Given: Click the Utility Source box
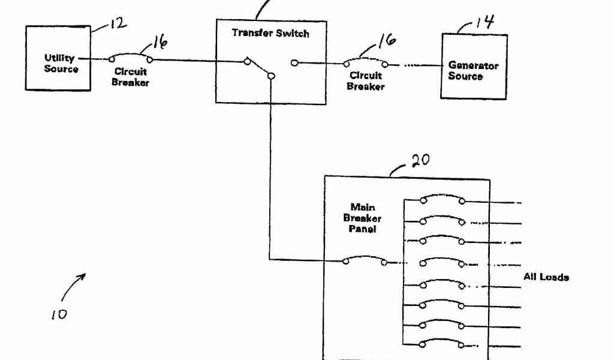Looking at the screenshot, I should [x=58, y=58].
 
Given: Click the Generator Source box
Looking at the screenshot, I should [x=474, y=66].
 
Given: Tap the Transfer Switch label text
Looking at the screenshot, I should [x=270, y=33].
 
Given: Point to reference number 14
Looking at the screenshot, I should [x=484, y=23].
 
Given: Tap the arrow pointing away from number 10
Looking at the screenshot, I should [x=73, y=286].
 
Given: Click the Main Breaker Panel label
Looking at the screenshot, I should [x=363, y=218].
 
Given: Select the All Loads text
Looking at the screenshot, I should [x=546, y=277].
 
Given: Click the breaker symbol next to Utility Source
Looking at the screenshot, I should [x=130, y=58].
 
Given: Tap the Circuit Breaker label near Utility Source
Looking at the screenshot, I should [x=130, y=77].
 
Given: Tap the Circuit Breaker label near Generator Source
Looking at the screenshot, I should [x=365, y=81].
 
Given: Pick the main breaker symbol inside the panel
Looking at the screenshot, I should [x=365, y=260].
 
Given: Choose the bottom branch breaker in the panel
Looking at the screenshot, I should [x=443, y=343].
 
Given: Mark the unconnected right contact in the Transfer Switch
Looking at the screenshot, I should [x=294, y=62].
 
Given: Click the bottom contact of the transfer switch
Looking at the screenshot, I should [x=271, y=76].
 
